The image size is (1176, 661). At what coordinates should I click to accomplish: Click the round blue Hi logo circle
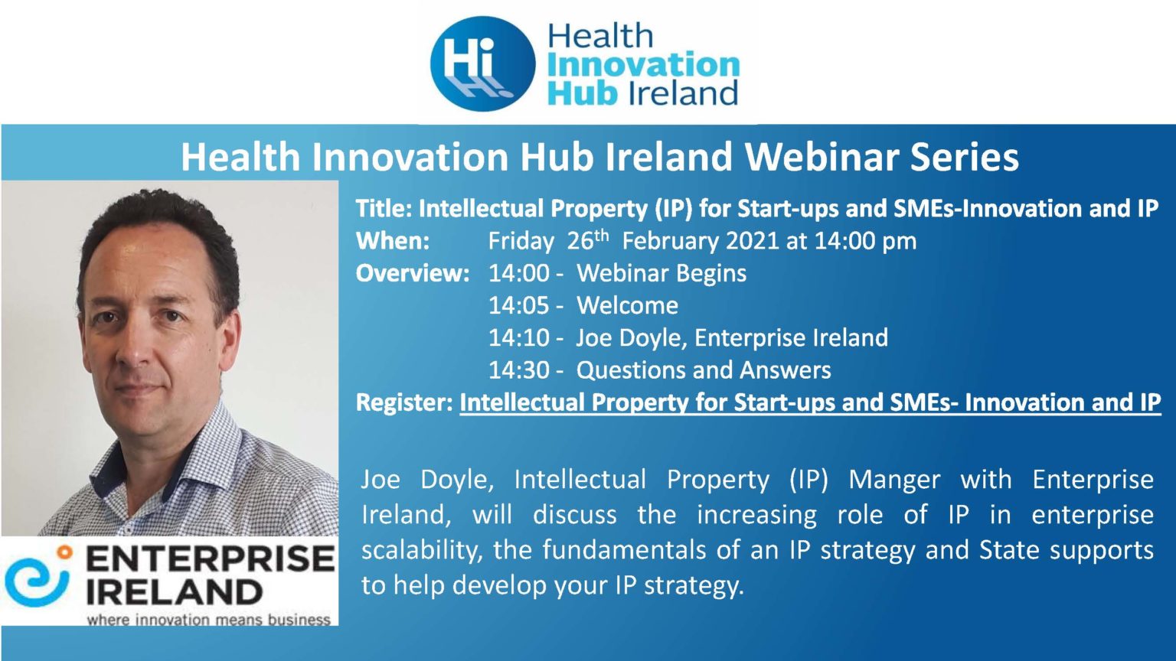click(482, 63)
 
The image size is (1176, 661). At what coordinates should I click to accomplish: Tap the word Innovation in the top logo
click(643, 65)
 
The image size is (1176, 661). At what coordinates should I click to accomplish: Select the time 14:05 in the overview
click(519, 306)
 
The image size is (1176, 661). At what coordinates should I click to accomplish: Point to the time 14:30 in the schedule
click(519, 370)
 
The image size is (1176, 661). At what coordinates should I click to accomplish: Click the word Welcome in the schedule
click(627, 306)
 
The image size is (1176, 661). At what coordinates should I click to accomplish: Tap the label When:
click(393, 241)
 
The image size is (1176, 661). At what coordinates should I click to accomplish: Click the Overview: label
click(413, 273)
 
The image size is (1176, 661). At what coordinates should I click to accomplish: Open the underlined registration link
click(809, 402)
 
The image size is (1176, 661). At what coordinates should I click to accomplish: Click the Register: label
click(404, 402)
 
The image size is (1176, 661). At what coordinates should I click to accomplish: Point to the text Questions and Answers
click(703, 370)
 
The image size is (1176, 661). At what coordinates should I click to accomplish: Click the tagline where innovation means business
click(208, 619)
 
